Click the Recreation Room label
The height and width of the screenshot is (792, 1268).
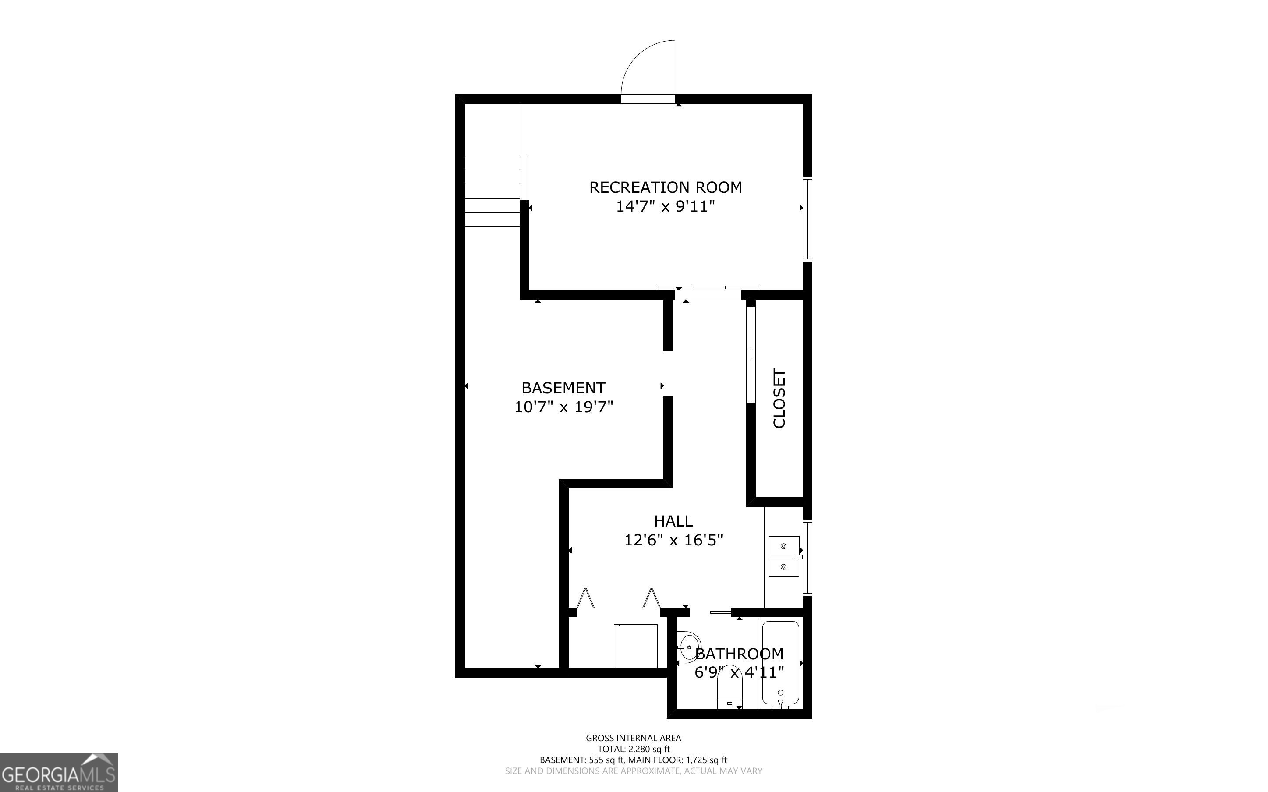[665, 187]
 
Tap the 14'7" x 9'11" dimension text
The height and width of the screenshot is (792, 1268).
[665, 206]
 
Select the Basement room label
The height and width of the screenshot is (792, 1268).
[563, 388]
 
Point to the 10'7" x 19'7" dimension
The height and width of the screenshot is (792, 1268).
[563, 407]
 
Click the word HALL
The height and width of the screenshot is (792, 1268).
[673, 521]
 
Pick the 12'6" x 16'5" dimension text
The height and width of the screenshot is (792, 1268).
[673, 540]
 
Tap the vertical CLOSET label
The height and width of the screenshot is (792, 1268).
[779, 399]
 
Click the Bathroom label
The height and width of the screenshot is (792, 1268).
[739, 654]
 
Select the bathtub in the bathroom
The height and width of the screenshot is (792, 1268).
[780, 663]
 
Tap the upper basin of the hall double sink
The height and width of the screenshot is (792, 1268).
[783, 546]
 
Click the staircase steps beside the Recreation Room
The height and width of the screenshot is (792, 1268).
[492, 191]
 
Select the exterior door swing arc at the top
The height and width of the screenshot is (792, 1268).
[648, 68]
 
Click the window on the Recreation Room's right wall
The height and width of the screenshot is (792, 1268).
[808, 219]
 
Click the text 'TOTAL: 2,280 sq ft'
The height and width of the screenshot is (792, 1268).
[633, 749]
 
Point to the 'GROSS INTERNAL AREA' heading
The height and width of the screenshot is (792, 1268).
[633, 738]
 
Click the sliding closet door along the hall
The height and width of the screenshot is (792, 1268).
[751, 355]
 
